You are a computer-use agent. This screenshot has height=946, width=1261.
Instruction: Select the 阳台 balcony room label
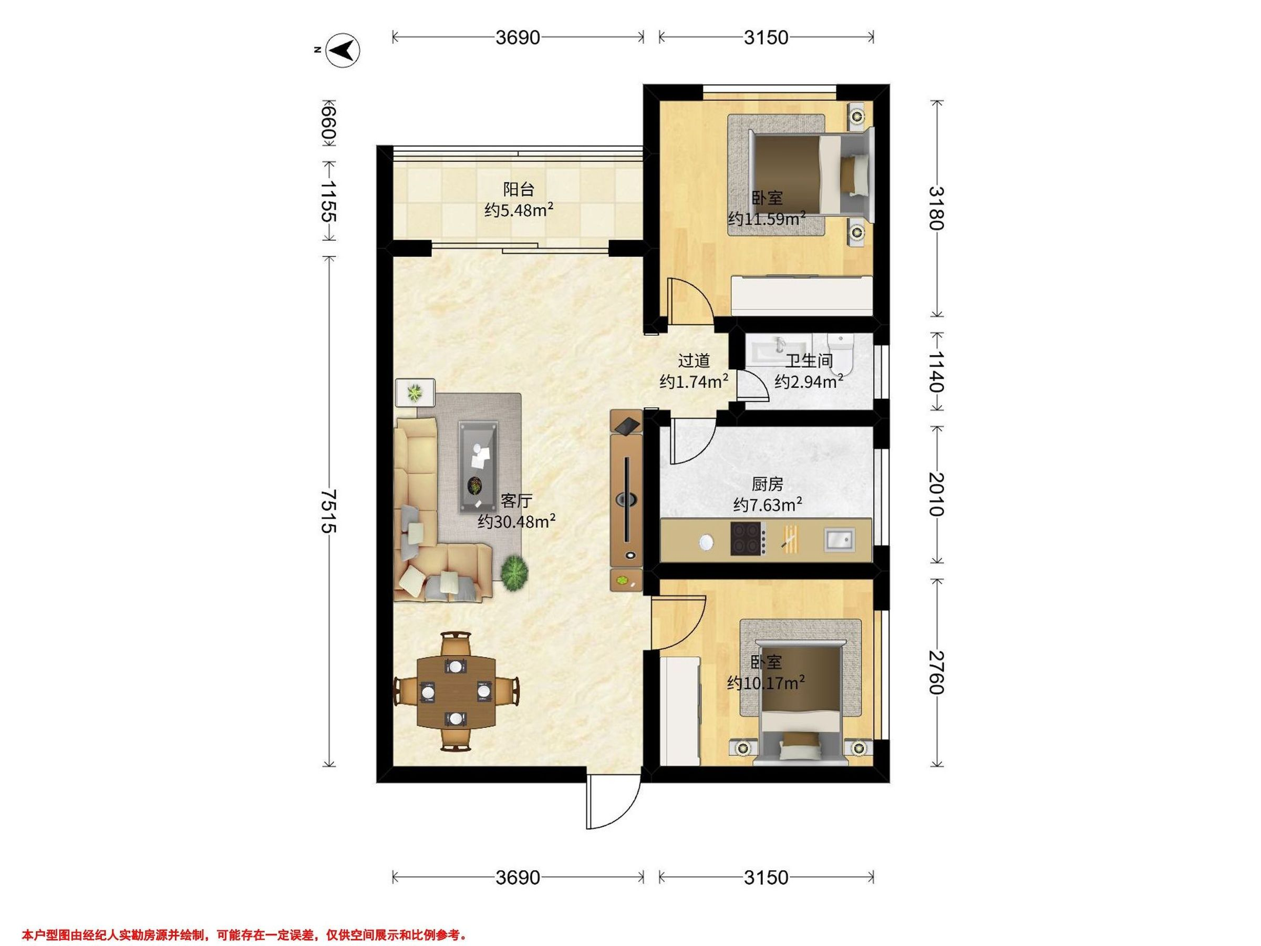tap(518, 188)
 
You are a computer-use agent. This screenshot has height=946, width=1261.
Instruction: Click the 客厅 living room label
tap(516, 501)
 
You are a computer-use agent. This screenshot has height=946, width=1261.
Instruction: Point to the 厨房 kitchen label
tap(767, 484)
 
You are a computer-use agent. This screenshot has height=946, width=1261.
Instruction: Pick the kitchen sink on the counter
tap(840, 539)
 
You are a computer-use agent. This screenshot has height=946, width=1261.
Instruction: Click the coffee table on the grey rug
tap(478, 467)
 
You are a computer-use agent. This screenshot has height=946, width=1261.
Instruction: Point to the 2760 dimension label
tap(935, 672)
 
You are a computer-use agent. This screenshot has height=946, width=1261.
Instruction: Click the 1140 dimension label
tap(935, 371)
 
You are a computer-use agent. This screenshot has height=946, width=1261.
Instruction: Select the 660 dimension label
tap(328, 123)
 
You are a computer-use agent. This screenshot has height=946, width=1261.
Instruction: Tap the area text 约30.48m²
tap(516, 521)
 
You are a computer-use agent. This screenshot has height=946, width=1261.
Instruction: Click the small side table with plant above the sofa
tap(415, 392)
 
